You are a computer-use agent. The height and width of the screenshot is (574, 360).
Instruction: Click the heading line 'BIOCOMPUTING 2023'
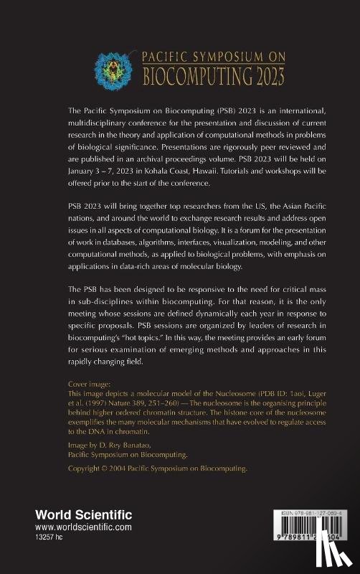214,74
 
